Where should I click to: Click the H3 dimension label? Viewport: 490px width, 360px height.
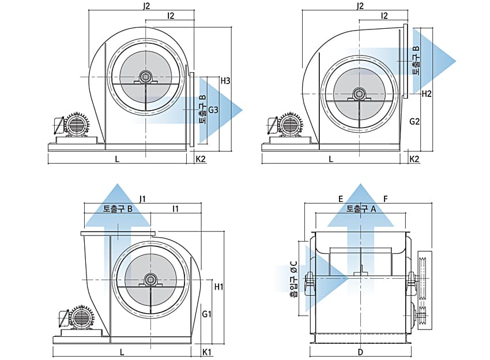(x=225, y=80)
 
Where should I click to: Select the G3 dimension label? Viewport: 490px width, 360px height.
(x=213, y=110)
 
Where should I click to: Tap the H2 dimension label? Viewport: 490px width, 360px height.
(x=427, y=93)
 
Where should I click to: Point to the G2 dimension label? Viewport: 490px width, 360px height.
(x=414, y=122)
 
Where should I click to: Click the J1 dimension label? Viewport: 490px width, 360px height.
(x=142, y=198)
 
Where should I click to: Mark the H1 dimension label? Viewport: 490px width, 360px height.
(x=218, y=286)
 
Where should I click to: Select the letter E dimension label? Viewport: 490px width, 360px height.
(x=341, y=198)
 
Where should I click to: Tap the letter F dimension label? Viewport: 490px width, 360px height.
(x=385, y=198)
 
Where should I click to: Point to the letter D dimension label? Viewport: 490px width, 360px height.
(x=360, y=351)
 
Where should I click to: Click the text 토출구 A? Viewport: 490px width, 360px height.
(x=361, y=209)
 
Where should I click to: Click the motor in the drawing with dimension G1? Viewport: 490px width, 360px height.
(x=77, y=319)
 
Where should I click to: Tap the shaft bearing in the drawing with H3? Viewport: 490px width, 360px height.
(x=145, y=77)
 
